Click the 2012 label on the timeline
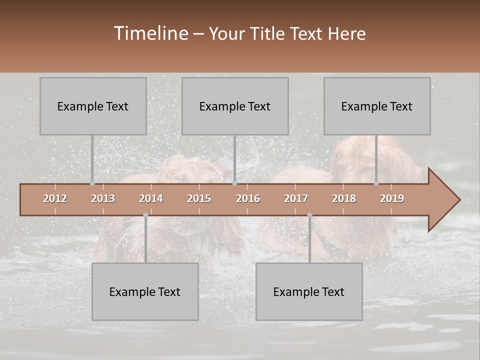click(x=55, y=198)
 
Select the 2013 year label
click(x=103, y=198)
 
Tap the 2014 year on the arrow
click(x=151, y=198)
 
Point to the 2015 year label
click(x=199, y=198)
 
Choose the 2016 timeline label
click(x=248, y=198)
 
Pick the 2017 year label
click(x=296, y=198)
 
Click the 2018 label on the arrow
click(x=344, y=198)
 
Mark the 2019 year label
click(x=392, y=198)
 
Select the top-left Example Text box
click(x=93, y=106)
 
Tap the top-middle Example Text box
click(x=235, y=106)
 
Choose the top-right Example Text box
click(x=377, y=106)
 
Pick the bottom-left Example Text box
click(x=145, y=291)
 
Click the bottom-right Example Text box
click(x=309, y=291)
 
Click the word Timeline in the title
click(x=150, y=33)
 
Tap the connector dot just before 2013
click(x=92, y=183)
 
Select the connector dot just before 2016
click(x=235, y=183)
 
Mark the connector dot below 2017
click(x=309, y=215)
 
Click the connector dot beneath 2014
click(x=145, y=215)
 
